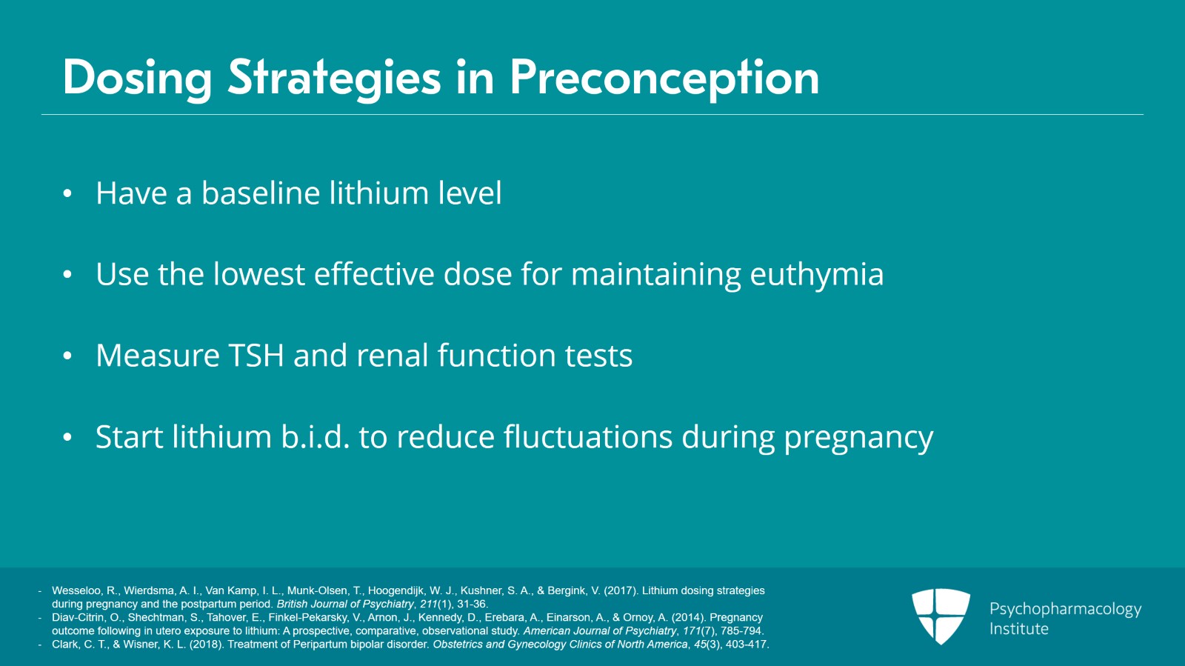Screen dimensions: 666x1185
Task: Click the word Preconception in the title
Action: click(664, 79)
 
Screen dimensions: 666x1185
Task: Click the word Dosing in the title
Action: click(137, 79)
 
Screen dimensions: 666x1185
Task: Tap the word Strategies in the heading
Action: click(334, 79)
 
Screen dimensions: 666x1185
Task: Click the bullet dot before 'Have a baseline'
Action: click(67, 194)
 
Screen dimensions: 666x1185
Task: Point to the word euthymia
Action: click(816, 275)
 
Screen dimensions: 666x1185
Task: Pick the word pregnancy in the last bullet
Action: click(858, 438)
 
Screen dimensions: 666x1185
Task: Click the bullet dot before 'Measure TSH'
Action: click(67, 356)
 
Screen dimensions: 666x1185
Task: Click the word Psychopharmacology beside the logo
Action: click(1065, 609)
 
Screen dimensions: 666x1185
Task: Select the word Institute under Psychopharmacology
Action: click(1018, 629)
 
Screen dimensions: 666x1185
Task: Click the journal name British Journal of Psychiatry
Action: click(345, 604)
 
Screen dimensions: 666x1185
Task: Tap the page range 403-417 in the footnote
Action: click(746, 645)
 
